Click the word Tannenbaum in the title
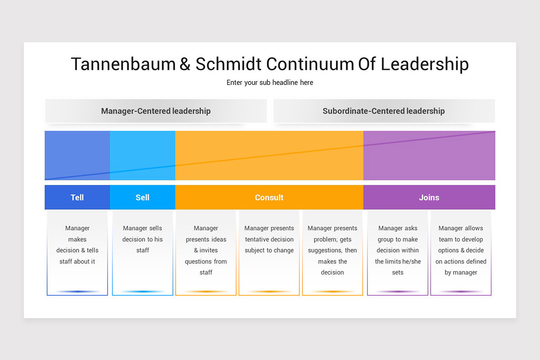tap(123, 64)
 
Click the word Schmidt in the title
tap(228, 64)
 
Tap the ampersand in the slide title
tap(185, 64)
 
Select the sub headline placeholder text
tap(270, 82)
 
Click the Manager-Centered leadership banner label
tap(156, 111)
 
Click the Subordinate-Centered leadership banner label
tap(384, 111)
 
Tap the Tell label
tap(77, 198)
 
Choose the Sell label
tap(143, 198)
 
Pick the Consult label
tap(269, 198)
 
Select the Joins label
tap(429, 198)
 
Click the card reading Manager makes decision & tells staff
tap(77, 252)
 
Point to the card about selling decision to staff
tap(143, 252)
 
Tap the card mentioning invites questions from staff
tap(206, 252)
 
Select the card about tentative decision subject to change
tap(269, 252)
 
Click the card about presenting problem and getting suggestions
tap(333, 252)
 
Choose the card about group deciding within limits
tap(397, 252)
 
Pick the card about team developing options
tap(461, 252)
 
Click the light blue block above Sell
tap(143, 156)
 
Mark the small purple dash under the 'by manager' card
tap(461, 292)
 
